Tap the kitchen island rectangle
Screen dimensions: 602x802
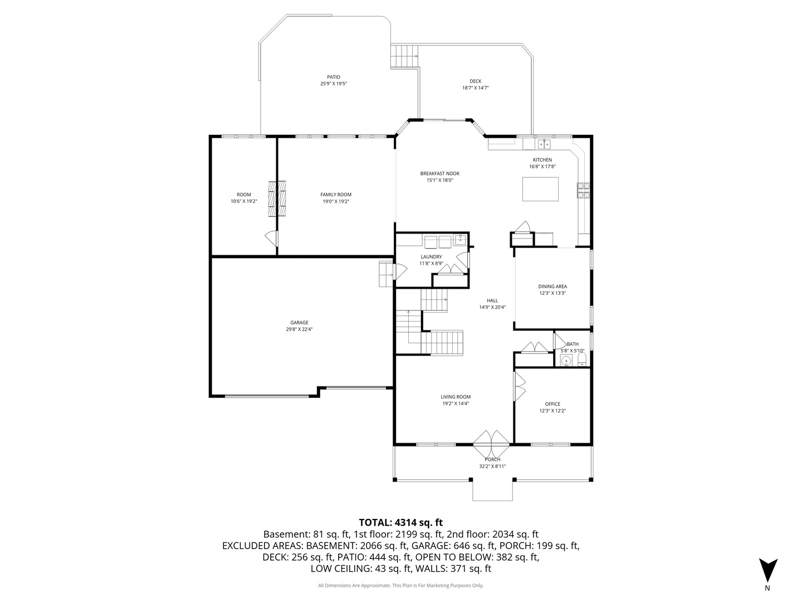[540, 189]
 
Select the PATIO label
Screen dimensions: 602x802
[334, 77]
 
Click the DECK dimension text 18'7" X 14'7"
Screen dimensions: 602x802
[475, 88]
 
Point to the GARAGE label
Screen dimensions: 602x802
[299, 323]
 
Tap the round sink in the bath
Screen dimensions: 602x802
[566, 361]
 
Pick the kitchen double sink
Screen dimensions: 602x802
[544, 144]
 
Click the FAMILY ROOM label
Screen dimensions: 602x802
[336, 195]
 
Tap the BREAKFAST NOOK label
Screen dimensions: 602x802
[439, 173]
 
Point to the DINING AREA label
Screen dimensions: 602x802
[552, 287]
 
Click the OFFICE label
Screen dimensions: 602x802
[552, 404]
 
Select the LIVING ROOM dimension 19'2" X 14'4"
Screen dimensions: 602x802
[456, 404]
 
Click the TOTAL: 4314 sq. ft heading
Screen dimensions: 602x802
[400, 522]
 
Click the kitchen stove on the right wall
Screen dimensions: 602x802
[583, 191]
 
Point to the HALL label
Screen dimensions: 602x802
[492, 300]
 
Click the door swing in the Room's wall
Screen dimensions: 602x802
[271, 239]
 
